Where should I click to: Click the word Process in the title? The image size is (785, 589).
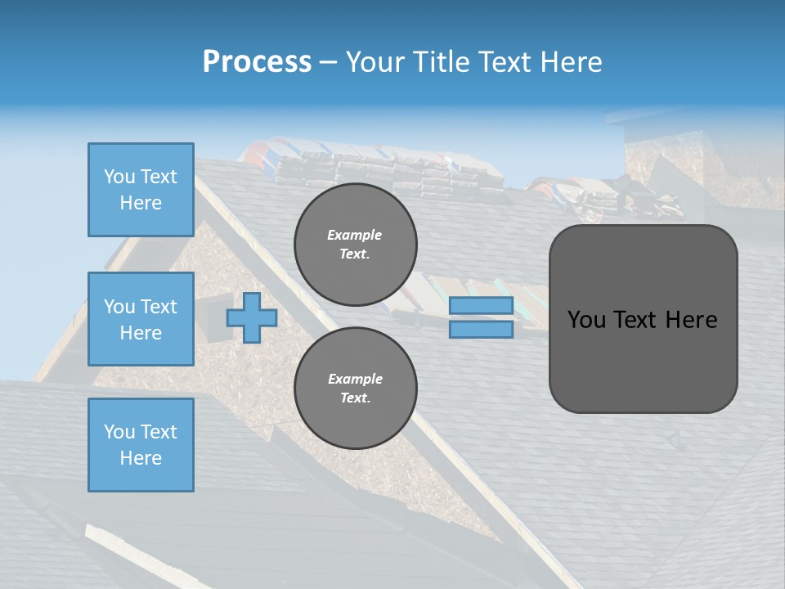pyautogui.click(x=257, y=62)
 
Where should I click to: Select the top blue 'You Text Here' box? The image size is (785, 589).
pyautogui.click(x=141, y=190)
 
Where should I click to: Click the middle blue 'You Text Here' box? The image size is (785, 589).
pyautogui.click(x=141, y=319)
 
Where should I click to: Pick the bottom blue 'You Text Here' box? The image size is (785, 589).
pyautogui.click(x=141, y=445)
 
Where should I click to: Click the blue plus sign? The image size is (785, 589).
pyautogui.click(x=252, y=317)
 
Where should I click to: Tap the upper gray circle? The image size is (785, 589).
pyautogui.click(x=355, y=244)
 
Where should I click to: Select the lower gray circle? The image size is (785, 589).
pyautogui.click(x=355, y=388)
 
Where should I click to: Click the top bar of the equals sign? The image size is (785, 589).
pyautogui.click(x=482, y=305)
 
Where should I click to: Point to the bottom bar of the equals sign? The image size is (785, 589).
pyautogui.click(x=482, y=330)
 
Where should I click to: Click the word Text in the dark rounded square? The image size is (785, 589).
pyautogui.click(x=639, y=320)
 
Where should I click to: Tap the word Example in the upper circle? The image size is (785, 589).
pyautogui.click(x=355, y=235)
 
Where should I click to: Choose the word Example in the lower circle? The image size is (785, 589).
pyautogui.click(x=355, y=379)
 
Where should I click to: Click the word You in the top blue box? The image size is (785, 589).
pyautogui.click(x=119, y=177)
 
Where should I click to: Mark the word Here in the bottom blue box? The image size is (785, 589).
pyautogui.click(x=141, y=458)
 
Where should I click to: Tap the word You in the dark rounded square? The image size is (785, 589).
pyautogui.click(x=586, y=320)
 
